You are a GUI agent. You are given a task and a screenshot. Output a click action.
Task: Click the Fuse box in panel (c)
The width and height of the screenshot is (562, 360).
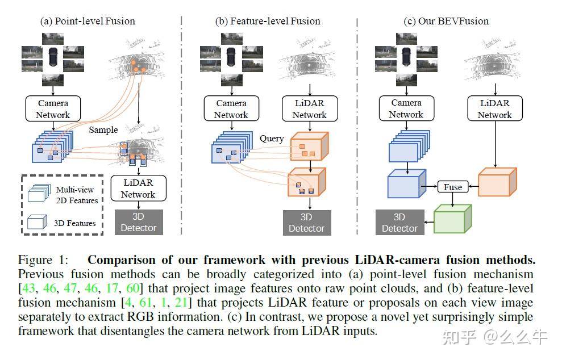(453, 187)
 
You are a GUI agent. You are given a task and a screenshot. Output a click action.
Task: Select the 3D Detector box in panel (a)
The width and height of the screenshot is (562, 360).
(138, 222)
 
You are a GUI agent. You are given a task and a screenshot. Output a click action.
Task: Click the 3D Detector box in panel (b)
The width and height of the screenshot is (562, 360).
(306, 222)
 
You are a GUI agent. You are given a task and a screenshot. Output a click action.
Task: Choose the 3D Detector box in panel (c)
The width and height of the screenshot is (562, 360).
(399, 222)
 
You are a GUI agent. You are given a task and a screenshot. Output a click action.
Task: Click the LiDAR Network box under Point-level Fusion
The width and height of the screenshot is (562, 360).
(138, 188)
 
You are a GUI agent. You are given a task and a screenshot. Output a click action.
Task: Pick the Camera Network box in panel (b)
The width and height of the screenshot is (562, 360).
(231, 108)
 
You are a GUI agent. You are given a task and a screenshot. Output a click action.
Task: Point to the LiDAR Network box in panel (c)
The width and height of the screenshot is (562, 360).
(494, 108)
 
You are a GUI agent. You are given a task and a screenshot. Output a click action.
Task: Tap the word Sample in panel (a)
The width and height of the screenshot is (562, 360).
(103, 130)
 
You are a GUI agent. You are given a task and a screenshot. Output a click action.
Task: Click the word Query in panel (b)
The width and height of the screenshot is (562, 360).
(272, 139)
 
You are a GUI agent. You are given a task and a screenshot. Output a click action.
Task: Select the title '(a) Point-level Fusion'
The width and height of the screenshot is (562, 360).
(88, 22)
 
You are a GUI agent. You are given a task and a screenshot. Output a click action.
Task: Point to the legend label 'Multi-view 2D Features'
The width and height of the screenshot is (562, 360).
(77, 195)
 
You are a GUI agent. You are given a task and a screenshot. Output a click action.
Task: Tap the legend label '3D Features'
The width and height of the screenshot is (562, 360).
(74, 223)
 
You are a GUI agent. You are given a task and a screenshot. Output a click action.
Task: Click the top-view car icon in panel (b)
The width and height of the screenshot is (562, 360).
(231, 56)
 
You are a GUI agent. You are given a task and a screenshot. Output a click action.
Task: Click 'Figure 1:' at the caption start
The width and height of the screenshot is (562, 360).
(43, 261)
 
